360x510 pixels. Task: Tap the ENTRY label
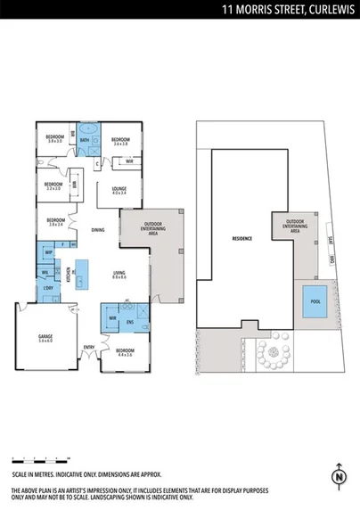(x=89, y=347)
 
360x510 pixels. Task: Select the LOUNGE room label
(x=119, y=190)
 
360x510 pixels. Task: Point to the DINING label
(x=97, y=230)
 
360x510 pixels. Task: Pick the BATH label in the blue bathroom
(x=85, y=140)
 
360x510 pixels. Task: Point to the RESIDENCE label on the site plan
(x=241, y=239)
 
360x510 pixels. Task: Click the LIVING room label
(x=119, y=274)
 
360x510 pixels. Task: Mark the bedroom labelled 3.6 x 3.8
(x=120, y=141)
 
